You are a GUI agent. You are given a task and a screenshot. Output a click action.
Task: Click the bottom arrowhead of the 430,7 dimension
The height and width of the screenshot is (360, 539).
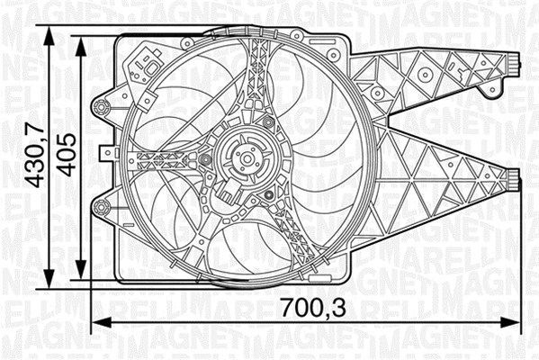pyautogui.click(x=51, y=285)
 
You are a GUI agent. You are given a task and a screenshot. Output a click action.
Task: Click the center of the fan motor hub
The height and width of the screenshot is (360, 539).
pyautogui.click(x=244, y=160)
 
